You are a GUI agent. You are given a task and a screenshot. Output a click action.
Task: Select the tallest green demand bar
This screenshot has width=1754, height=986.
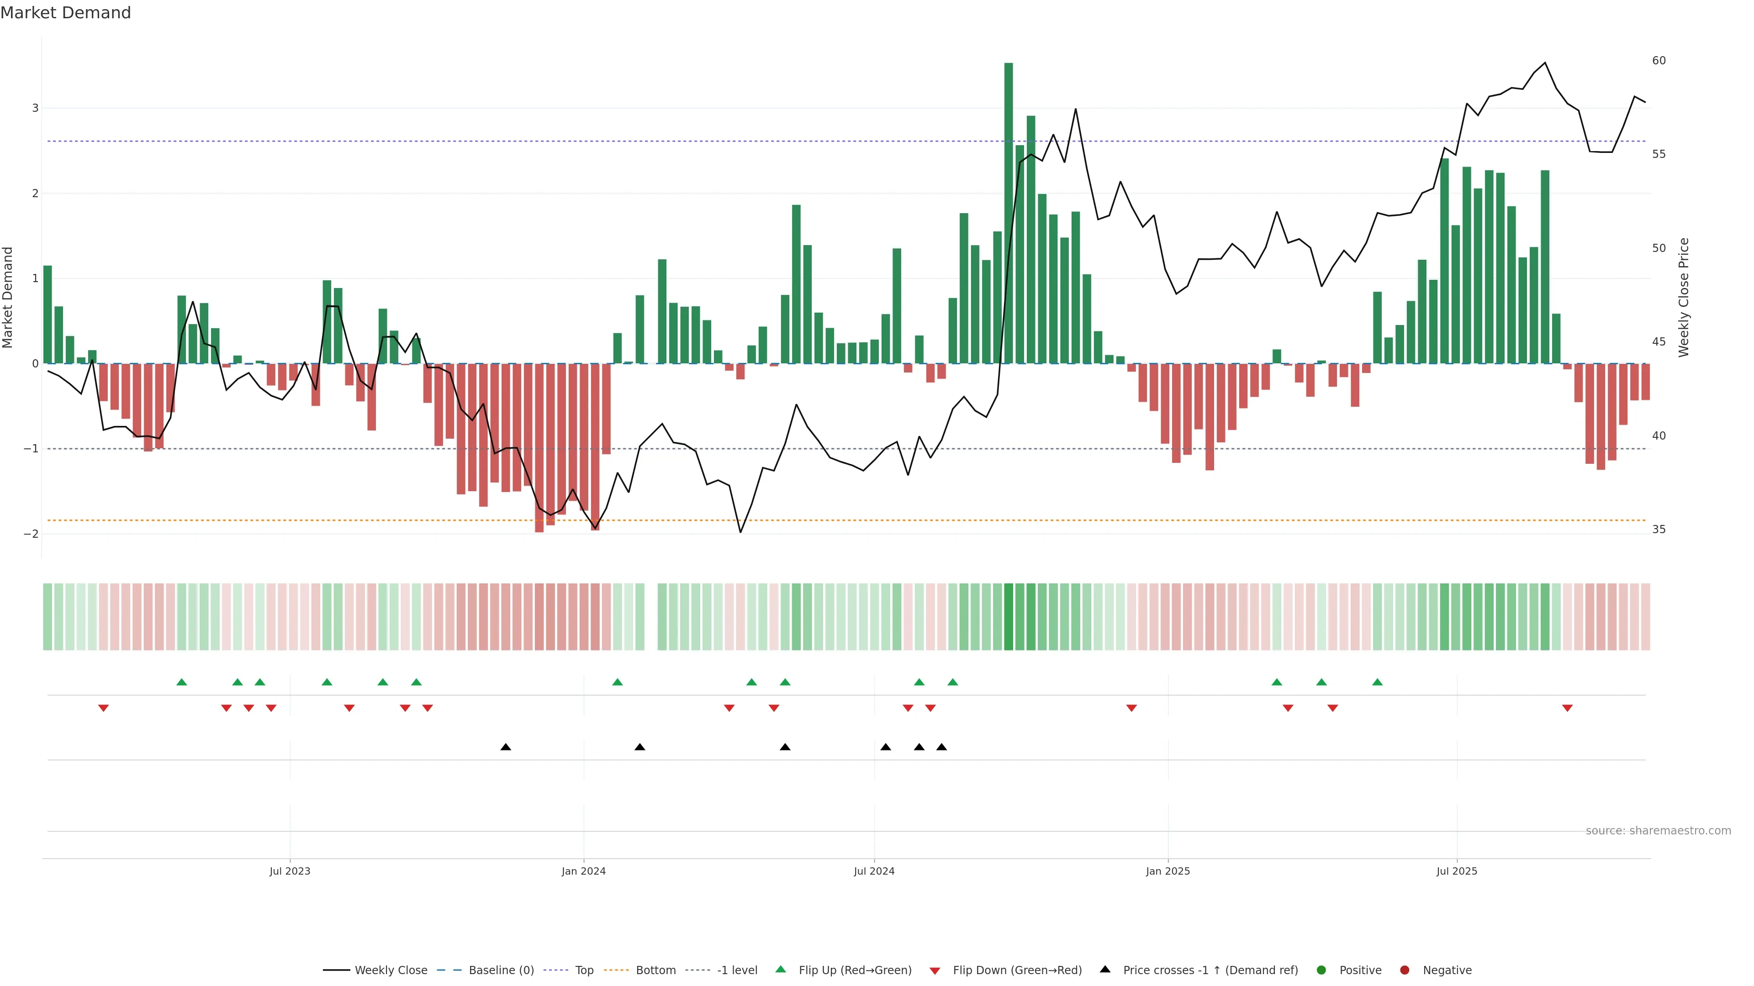1009,213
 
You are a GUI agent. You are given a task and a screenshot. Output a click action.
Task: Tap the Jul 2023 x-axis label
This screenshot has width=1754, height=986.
290,871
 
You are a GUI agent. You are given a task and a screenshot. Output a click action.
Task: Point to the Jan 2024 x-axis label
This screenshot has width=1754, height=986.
584,871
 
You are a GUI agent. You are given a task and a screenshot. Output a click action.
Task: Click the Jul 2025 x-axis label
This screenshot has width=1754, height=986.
1457,871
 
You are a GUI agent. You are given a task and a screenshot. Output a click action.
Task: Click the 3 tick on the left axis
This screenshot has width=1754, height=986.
36,108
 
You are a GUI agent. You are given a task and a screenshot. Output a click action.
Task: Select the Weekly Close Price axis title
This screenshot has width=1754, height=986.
1683,297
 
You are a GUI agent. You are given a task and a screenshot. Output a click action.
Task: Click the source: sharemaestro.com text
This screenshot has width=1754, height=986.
1658,831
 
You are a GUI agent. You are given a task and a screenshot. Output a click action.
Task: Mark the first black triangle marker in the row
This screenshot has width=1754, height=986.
505,747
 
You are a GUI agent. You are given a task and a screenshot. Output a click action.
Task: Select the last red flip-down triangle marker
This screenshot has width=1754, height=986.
1568,708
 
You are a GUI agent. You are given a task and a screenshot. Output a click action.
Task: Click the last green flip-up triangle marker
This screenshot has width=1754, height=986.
1378,682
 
